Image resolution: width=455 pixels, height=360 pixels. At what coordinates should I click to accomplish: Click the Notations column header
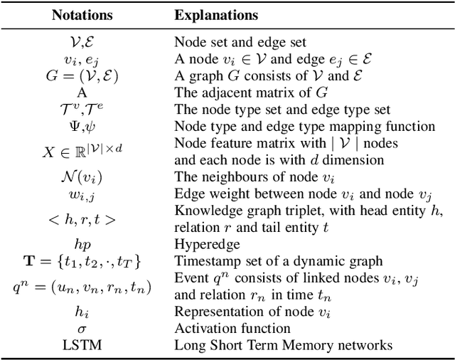81,14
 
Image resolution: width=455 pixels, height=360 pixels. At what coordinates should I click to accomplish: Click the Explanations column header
217,14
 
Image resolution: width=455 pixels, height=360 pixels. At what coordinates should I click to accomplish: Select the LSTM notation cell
81,346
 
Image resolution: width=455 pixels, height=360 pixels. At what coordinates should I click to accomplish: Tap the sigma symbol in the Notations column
81,329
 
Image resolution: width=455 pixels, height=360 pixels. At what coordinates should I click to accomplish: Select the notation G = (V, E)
81,77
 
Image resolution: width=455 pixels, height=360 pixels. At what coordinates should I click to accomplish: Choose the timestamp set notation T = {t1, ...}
81,261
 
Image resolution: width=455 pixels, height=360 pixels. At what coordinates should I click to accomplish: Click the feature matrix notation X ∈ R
81,152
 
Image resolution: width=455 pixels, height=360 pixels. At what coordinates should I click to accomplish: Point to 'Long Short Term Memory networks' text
284,346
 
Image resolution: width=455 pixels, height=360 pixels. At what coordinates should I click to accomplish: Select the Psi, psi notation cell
81,127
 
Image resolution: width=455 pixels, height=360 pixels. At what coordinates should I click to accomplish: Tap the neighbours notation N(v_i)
81,176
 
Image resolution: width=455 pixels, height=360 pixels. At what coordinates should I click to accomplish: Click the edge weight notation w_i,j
81,194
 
